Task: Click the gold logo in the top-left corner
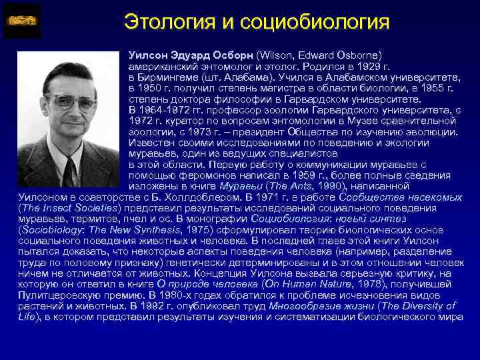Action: [x=22, y=21]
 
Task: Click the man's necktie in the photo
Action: [x=69, y=171]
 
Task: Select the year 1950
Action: [x=148, y=88]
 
